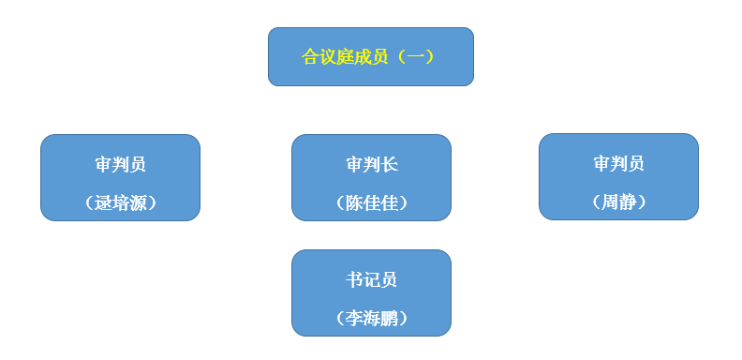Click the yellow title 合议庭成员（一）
coord(369,57)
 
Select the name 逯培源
coord(121,202)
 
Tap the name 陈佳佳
coord(371,202)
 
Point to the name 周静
coord(619,202)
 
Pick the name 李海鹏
coord(371,318)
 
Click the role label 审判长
coord(371,165)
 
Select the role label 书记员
coord(371,279)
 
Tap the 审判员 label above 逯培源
coord(121,165)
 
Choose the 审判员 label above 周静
coord(618,164)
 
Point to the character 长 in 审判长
coord(389,165)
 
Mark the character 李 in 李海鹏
coord(354,318)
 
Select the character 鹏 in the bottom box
coord(389,318)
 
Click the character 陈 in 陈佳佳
coord(354,202)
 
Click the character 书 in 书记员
coord(354,279)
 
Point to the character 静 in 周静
coord(628,202)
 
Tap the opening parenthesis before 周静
coord(595,202)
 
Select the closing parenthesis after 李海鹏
coord(405,318)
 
